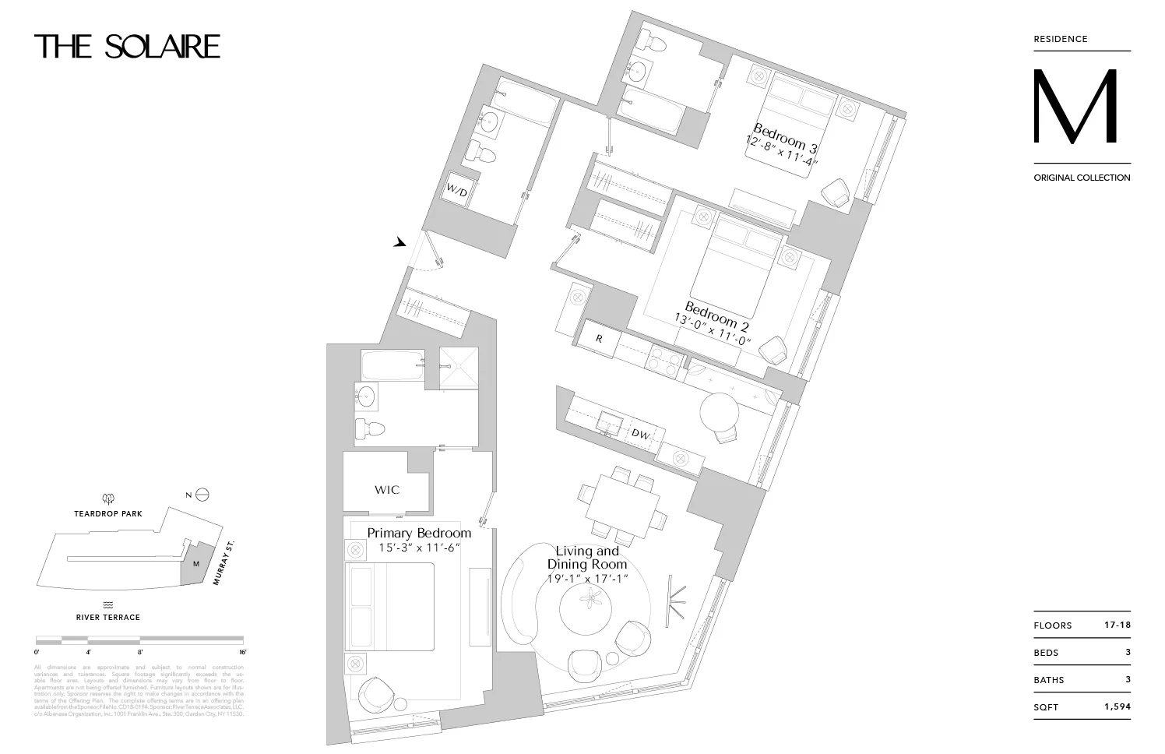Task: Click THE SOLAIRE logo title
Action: pos(127,47)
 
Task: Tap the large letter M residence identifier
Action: pos(1075,107)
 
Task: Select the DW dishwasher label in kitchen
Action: pos(640,434)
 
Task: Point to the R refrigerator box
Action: pos(599,339)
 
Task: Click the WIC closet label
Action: pos(387,490)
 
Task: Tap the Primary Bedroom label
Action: pos(419,534)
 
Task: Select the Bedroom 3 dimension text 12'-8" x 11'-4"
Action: pos(782,154)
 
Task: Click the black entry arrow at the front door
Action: pos(400,243)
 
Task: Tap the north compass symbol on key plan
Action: pos(202,495)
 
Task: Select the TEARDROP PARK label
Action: pos(108,514)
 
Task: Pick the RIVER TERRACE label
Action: pos(108,617)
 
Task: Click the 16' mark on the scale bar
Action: pos(242,652)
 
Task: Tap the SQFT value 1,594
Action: pos(1117,706)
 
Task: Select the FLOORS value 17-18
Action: pos(1117,625)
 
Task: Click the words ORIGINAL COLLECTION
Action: pos(1082,178)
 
